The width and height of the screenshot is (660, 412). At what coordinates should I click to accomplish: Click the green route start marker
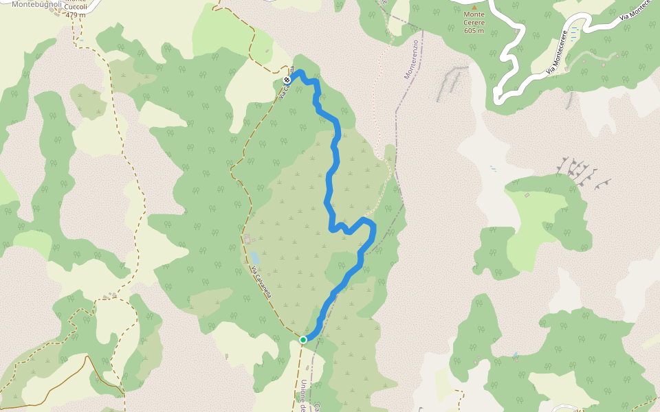(303, 339)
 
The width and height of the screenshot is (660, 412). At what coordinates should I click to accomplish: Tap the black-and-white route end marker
(287, 80)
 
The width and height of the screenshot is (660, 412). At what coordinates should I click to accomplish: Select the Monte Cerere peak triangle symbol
(474, 7)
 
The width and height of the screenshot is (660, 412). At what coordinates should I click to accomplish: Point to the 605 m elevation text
(474, 30)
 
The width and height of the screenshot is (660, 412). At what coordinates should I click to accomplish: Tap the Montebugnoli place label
(38, 4)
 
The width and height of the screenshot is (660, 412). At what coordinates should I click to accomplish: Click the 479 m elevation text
(76, 14)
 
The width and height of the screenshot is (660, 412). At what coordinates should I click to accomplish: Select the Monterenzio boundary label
(411, 59)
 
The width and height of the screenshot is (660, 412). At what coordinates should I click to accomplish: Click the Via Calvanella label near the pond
(261, 282)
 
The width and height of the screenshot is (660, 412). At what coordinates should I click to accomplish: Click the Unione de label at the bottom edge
(303, 397)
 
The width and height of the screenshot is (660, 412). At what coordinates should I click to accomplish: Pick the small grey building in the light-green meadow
(527, 196)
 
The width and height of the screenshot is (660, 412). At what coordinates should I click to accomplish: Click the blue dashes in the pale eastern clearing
(493, 168)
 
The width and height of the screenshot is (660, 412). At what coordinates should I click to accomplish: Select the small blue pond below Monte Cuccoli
(82, 40)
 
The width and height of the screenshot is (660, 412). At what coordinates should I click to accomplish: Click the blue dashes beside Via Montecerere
(574, 31)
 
